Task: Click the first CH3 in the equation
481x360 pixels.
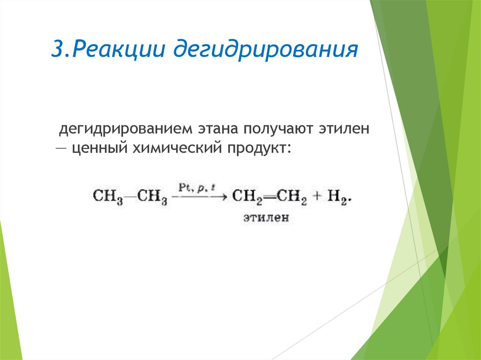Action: pos(107,196)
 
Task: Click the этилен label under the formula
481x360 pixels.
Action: pos(266,218)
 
